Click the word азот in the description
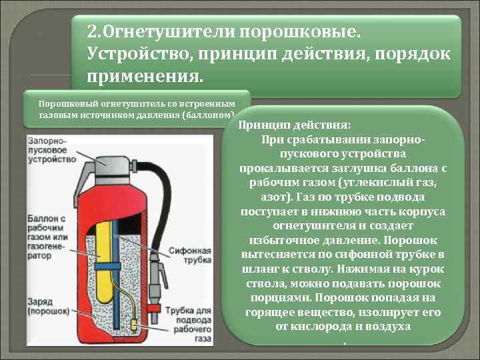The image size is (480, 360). tap(272, 199)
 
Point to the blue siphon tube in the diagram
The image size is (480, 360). tap(115, 267)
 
